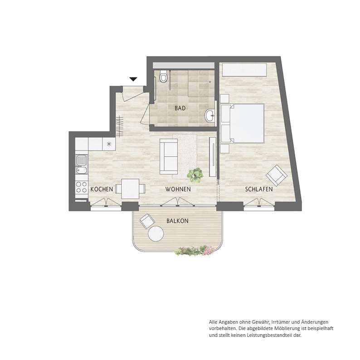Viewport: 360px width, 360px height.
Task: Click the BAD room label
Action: pyautogui.click(x=180, y=108)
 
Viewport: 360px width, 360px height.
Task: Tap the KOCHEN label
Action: pyautogui.click(x=102, y=189)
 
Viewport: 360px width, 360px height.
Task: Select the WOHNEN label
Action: pyautogui.click(x=178, y=189)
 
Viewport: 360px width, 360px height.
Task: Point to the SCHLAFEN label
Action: pyautogui.click(x=259, y=189)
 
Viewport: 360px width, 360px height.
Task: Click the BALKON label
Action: pyautogui.click(x=177, y=221)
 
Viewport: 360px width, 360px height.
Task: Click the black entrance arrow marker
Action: pyautogui.click(x=133, y=79)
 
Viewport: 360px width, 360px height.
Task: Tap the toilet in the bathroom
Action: pyautogui.click(x=163, y=76)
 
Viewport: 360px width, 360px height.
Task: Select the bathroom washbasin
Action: pyautogui.click(x=210, y=116)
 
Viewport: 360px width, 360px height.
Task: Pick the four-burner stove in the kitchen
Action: pyautogui.click(x=82, y=187)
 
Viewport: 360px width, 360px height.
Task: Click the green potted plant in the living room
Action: pyautogui.click(x=195, y=175)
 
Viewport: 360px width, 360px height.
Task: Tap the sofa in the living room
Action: pyautogui.click(x=169, y=156)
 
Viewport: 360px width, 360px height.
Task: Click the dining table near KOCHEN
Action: pyautogui.click(x=130, y=189)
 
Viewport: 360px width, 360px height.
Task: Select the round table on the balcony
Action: pyautogui.click(x=156, y=234)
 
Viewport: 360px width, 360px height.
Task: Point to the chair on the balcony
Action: pyautogui.click(x=147, y=221)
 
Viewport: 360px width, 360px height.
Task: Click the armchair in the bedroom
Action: pyautogui.click(x=277, y=175)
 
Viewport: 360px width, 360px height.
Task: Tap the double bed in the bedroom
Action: pyautogui.click(x=242, y=123)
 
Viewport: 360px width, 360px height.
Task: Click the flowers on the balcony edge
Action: pyautogui.click(x=195, y=250)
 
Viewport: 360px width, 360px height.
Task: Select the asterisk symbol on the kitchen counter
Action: pyautogui.click(x=109, y=144)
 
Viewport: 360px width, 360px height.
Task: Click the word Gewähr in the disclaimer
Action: pyautogui.click(x=261, y=322)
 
